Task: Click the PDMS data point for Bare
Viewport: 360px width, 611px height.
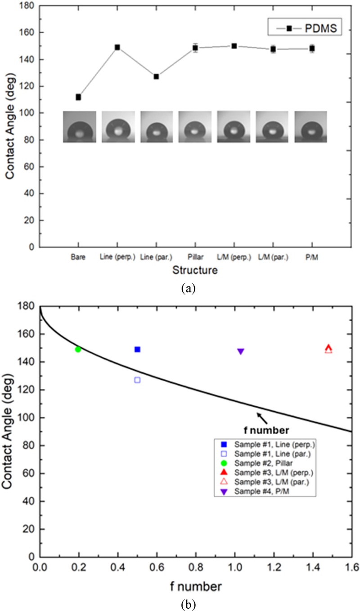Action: [78, 97]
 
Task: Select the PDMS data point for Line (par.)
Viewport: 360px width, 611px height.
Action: [156, 76]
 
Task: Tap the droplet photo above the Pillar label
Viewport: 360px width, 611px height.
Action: [195, 127]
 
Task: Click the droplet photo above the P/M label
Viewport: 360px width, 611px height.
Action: [311, 127]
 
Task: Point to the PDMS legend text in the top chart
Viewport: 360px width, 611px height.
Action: [321, 29]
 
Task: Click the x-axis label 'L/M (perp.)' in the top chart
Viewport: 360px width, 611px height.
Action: [234, 257]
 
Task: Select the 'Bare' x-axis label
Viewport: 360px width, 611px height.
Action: [78, 257]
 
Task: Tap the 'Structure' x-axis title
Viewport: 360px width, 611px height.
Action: [194, 270]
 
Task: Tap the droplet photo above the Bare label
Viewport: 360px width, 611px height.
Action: [79, 127]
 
